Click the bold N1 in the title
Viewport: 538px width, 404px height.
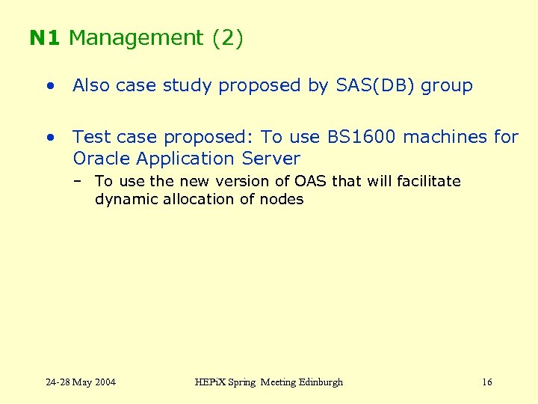(x=46, y=38)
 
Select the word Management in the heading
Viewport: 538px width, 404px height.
(x=135, y=38)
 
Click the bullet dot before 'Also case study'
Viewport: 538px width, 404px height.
(x=49, y=86)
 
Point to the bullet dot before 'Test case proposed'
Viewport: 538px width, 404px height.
(x=49, y=137)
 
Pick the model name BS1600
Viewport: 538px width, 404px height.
(x=362, y=137)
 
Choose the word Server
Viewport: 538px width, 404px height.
(x=271, y=159)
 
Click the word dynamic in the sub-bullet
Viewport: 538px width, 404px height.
(x=122, y=199)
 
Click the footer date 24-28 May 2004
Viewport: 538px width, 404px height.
(x=81, y=382)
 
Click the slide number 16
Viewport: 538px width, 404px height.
(x=486, y=382)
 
